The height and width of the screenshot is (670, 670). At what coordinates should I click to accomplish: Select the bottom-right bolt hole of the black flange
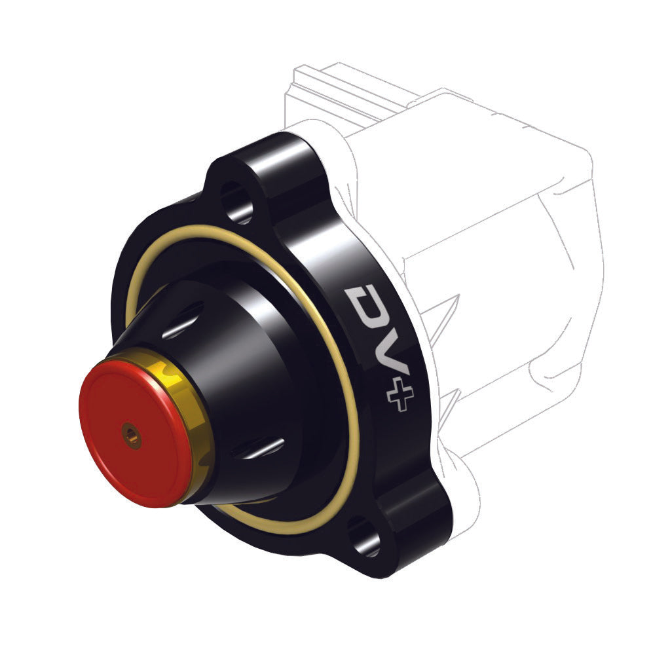tap(364, 536)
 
